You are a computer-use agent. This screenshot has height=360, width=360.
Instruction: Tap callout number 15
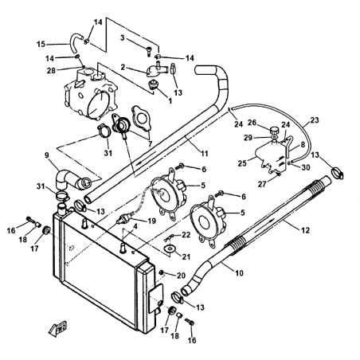41,44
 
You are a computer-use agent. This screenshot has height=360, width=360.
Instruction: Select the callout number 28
51,71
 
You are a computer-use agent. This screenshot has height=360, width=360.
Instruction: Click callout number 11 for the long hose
205,154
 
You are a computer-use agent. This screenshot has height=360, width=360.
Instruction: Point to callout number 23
315,120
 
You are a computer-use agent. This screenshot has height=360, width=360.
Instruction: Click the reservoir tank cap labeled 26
273,131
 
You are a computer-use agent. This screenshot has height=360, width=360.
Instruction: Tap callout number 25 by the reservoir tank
242,163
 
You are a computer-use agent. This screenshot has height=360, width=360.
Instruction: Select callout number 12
306,230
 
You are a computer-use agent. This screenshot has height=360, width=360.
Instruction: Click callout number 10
239,272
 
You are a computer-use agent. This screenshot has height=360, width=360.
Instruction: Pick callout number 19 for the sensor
151,221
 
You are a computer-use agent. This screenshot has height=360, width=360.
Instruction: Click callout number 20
181,276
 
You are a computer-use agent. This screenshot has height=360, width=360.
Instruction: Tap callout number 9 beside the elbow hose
47,155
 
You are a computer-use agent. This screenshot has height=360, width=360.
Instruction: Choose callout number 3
122,37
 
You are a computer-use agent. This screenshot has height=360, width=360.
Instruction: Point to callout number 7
150,144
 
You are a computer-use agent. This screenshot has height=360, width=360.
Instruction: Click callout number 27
262,184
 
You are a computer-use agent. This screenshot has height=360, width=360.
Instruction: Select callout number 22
186,235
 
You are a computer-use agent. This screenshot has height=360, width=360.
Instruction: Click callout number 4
135,226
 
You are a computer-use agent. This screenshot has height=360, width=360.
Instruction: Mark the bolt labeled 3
148,50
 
